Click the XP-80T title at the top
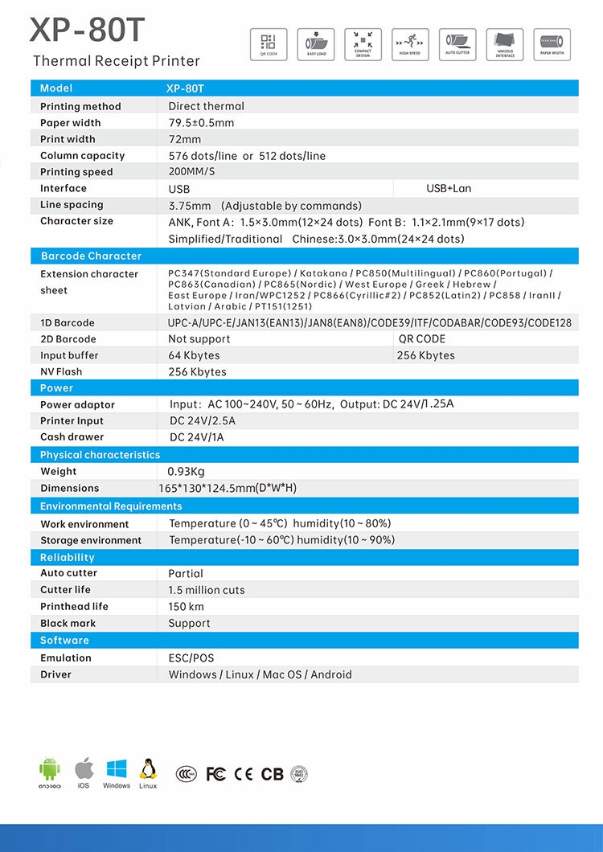coord(88,31)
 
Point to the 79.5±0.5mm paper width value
coord(201,123)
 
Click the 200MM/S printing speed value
coord(191,172)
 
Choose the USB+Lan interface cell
coord(449,188)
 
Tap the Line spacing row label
coord(72,205)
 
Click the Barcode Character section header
coord(91,256)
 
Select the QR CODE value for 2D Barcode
coord(422,339)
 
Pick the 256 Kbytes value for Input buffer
coord(426,355)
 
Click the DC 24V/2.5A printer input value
coord(203,421)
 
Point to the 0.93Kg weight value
coord(186,472)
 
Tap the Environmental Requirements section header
coord(111,506)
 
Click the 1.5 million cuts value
coord(207,590)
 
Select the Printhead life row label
coord(74,607)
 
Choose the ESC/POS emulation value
coord(191,658)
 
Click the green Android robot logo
coord(50,770)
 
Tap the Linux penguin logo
coord(147,770)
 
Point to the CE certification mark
coord(243,774)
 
